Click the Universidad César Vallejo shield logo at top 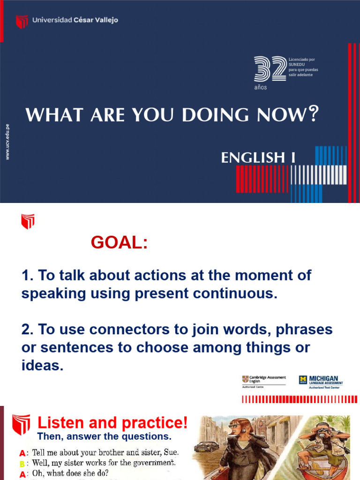click(x=22, y=22)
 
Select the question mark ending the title click(x=314, y=114)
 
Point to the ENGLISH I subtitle click(x=258, y=158)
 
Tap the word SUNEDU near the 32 click(x=297, y=65)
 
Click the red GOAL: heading click(x=119, y=242)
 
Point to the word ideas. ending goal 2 click(x=42, y=366)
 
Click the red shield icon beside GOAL click(x=28, y=221)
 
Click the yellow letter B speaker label click(x=22, y=464)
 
